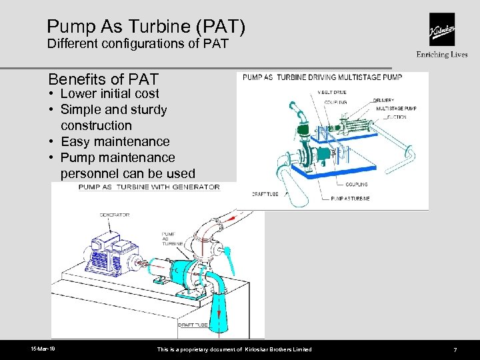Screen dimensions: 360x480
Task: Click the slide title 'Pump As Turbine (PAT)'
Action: point(146,27)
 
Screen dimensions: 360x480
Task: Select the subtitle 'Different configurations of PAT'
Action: point(137,45)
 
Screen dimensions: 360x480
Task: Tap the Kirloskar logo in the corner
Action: point(442,30)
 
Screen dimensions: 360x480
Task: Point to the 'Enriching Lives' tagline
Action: point(442,55)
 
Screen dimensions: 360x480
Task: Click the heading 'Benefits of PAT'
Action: point(103,81)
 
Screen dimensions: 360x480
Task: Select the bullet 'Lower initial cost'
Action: point(109,94)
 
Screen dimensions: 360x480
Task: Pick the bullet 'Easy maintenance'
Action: point(115,141)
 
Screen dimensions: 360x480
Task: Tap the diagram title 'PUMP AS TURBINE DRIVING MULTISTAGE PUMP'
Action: point(325,78)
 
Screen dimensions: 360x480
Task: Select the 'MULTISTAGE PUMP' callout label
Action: point(397,108)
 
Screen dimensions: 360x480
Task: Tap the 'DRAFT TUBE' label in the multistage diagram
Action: point(265,194)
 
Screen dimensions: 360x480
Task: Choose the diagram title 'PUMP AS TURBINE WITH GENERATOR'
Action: point(149,187)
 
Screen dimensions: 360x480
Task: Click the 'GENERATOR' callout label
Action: point(115,215)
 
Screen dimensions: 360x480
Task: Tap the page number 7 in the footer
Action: point(455,350)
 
